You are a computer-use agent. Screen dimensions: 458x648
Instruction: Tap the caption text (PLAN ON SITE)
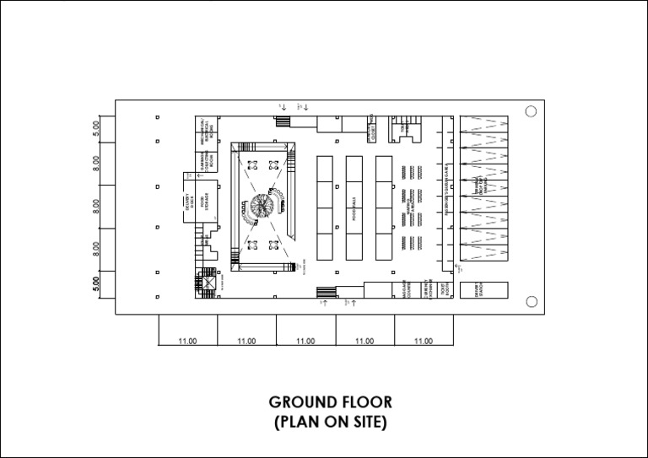pyautogui.click(x=330, y=423)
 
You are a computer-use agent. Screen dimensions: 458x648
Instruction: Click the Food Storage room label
pyautogui.click(x=202, y=205)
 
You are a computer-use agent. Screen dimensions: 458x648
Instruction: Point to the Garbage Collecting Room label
pyautogui.click(x=207, y=159)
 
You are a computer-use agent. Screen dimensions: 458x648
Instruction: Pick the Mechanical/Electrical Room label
pyautogui.click(x=207, y=130)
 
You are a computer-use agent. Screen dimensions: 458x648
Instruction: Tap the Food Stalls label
pyautogui.click(x=354, y=207)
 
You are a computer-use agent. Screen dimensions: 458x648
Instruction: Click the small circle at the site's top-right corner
pyautogui.click(x=531, y=112)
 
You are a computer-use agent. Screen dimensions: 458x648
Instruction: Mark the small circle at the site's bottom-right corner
pyautogui.click(x=531, y=302)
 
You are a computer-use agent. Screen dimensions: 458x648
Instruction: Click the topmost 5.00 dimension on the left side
pyautogui.click(x=97, y=127)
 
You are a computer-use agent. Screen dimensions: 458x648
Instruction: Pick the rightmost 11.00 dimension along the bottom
pyautogui.click(x=424, y=342)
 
